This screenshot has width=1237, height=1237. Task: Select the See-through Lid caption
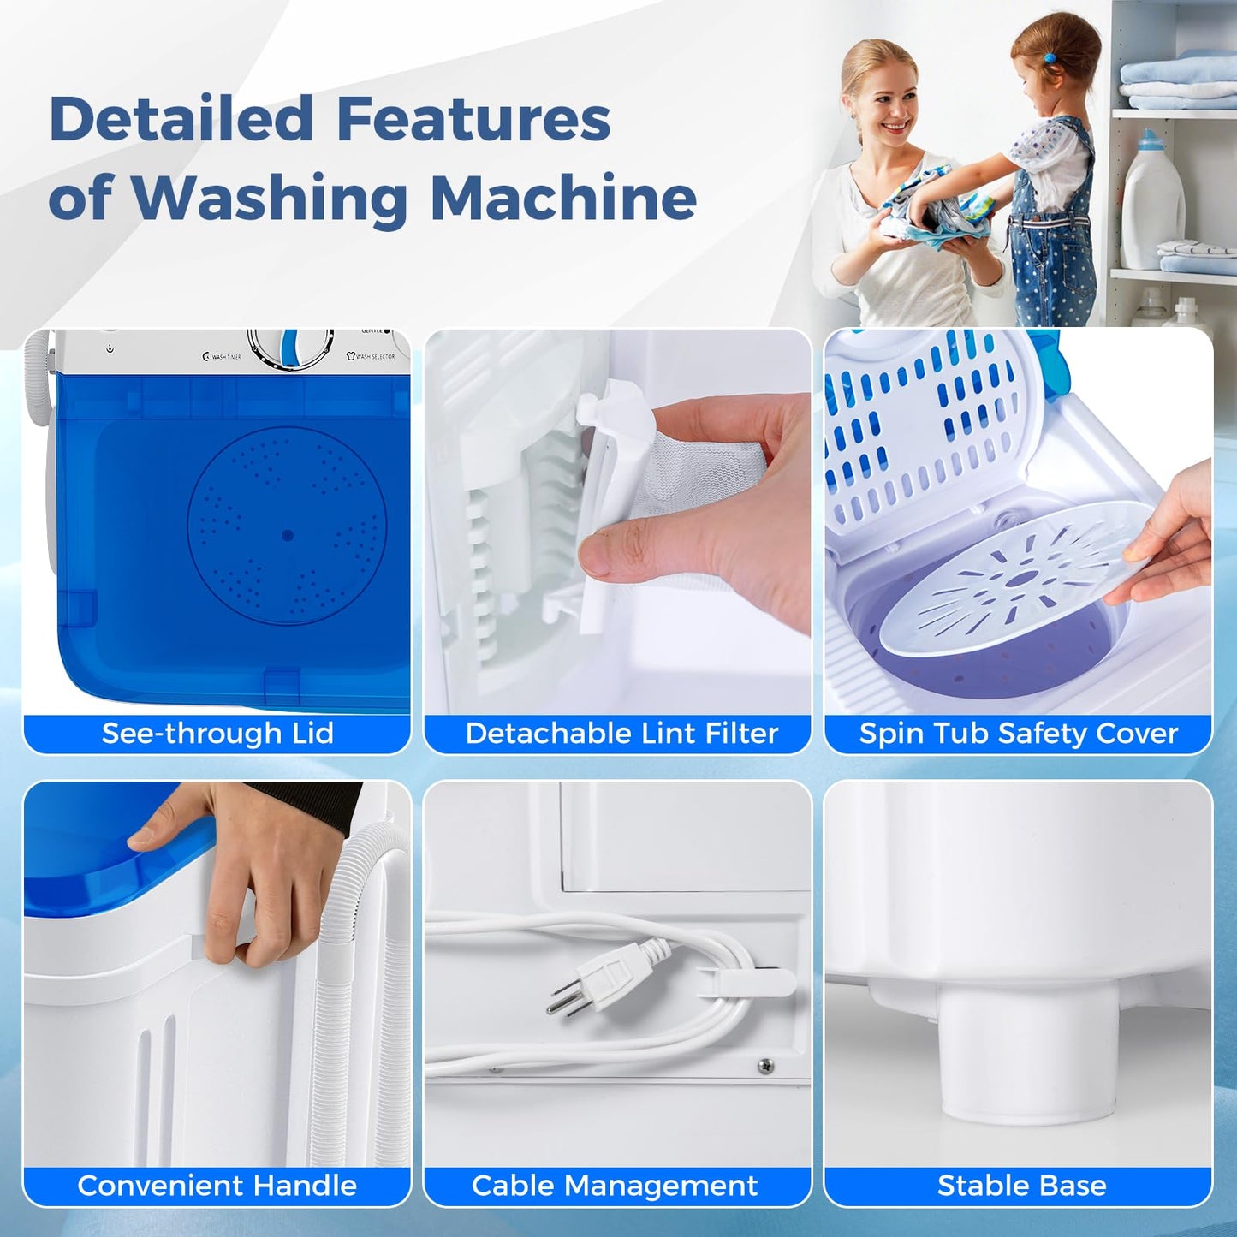pos(217,734)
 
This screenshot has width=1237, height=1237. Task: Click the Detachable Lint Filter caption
pos(621,734)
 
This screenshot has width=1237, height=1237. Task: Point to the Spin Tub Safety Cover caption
pos(1018,734)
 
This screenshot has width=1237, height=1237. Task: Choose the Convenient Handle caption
pos(217,1186)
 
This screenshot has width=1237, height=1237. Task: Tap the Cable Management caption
pos(615,1186)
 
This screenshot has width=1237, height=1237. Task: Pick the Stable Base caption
pos(1021,1186)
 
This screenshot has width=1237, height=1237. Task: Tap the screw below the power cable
pos(766,1066)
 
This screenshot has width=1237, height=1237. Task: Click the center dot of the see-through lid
pos(288,535)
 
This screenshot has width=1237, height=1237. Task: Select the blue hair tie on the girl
pos(1050,59)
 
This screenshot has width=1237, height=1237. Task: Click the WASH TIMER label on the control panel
pos(223,357)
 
